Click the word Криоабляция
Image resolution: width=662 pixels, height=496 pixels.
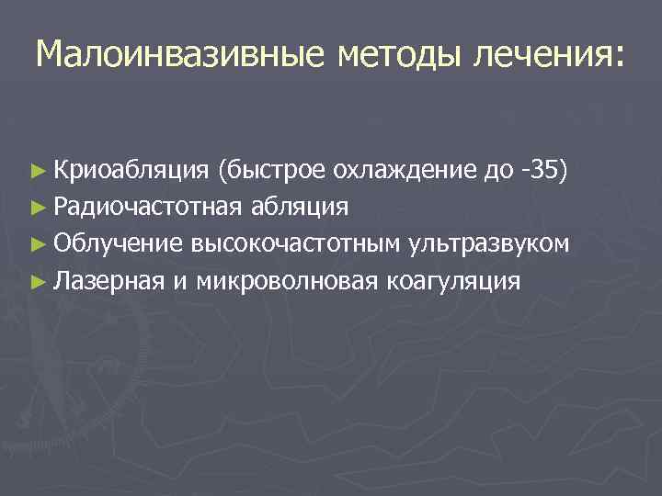(x=133, y=168)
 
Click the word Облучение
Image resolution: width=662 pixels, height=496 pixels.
(x=119, y=243)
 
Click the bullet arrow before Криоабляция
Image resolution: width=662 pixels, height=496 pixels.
(x=37, y=170)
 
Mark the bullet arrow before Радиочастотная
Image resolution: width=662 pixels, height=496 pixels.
(x=37, y=207)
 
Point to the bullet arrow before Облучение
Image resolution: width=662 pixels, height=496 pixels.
(x=37, y=244)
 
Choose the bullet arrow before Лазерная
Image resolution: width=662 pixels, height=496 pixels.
(x=37, y=281)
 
